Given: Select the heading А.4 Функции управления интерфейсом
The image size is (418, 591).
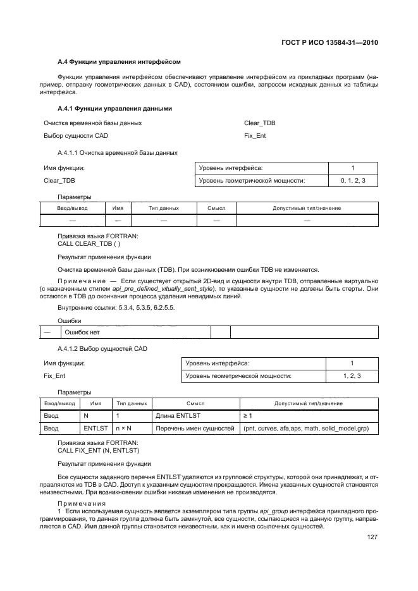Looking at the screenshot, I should [119, 62].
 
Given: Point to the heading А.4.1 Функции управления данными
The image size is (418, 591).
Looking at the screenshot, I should [114, 108].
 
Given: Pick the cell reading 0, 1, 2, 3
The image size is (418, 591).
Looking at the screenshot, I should [353, 181].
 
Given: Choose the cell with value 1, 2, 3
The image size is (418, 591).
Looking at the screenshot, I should [352, 376].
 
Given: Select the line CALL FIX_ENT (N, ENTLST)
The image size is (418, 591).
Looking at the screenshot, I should [99, 450].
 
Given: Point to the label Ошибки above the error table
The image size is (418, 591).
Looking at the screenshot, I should [69, 321].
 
